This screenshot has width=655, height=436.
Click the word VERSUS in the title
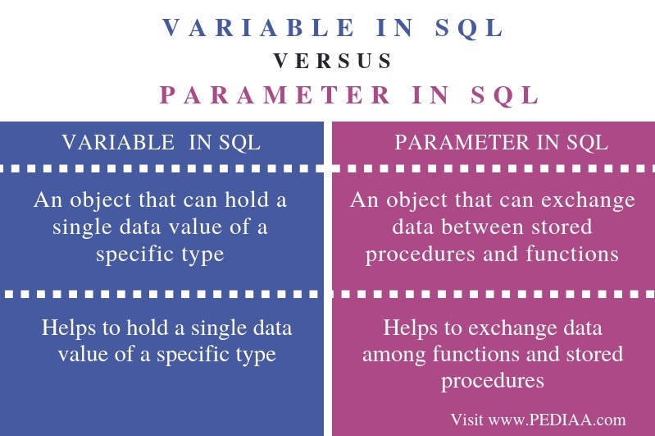tap(332, 61)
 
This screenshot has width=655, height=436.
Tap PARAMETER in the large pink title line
tap(275, 94)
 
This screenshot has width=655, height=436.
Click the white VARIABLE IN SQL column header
tap(161, 142)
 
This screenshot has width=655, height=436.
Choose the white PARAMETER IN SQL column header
tap(501, 142)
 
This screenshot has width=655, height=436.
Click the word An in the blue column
tap(46, 200)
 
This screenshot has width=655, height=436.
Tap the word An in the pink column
tap(362, 200)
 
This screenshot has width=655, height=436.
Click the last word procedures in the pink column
tap(492, 381)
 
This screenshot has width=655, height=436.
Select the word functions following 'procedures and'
tap(575, 254)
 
